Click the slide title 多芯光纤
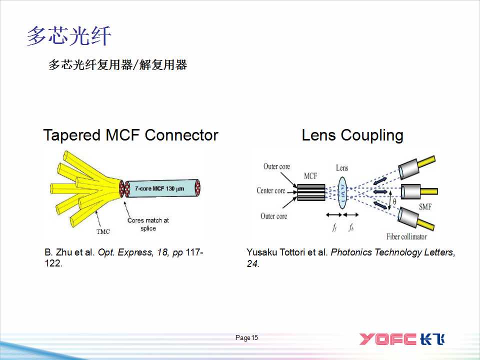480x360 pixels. pos(69,36)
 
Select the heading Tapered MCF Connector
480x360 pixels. pos(130,135)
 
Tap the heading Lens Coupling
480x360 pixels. pos(352,135)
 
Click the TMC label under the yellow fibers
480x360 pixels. pos(102,231)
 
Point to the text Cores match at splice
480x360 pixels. pos(148,224)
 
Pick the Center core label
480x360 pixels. pos(270,190)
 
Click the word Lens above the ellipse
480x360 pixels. pos(342,168)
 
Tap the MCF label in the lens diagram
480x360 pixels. pos(310,176)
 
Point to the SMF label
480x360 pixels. pos(425,206)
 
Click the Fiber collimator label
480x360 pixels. pos(406,236)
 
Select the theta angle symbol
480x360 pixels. pos(394,202)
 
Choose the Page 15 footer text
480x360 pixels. pos(246,338)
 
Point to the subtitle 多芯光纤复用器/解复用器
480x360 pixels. pos(117,65)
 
